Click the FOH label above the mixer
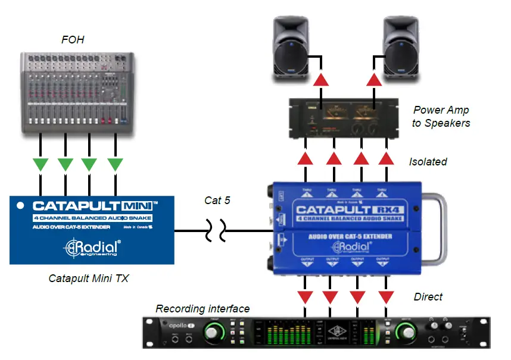pyautogui.click(x=73, y=40)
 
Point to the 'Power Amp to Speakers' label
pyautogui.click(x=440, y=117)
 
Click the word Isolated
pyautogui.click(x=428, y=161)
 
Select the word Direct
pyautogui.click(x=428, y=296)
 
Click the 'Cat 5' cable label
pyautogui.click(x=217, y=201)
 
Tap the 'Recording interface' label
pyautogui.click(x=202, y=309)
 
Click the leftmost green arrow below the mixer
pyautogui.click(x=40, y=164)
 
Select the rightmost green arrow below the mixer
pyautogui.click(x=115, y=164)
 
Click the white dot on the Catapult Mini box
pyautogui.click(x=20, y=206)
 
